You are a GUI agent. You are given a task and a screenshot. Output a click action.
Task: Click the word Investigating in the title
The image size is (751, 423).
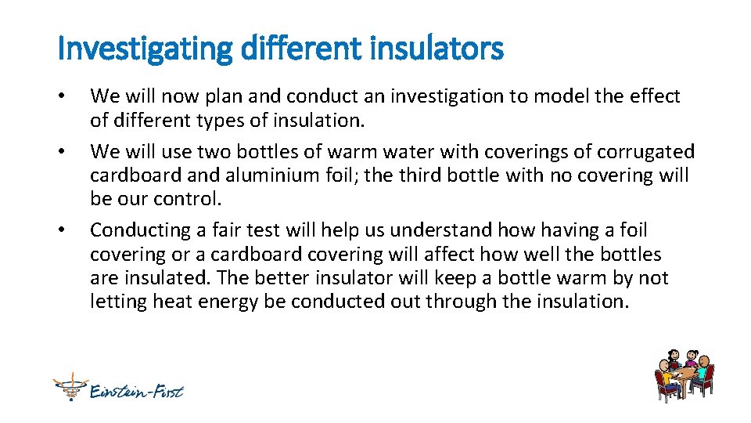click(145, 49)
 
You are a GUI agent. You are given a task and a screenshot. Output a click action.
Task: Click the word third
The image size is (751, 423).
click(418, 175)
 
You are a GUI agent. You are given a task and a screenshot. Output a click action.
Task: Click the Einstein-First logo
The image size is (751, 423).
click(118, 389)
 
